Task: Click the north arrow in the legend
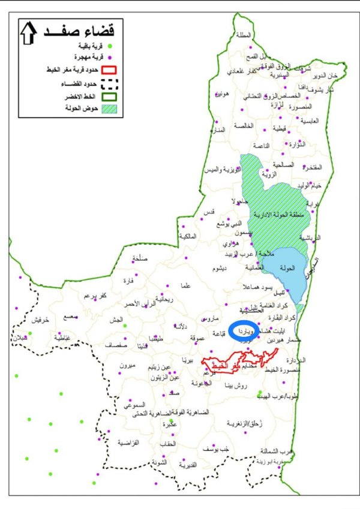28,33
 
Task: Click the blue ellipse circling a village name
245,330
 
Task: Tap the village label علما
185,287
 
